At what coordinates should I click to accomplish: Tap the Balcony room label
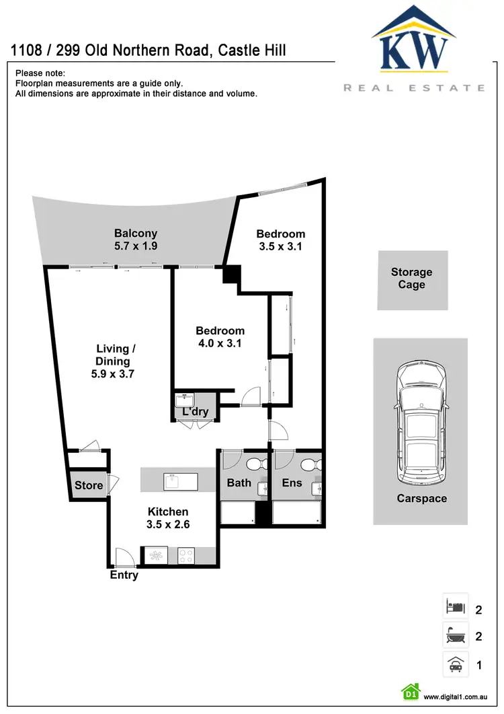pos(136,234)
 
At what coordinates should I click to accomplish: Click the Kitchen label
pos(168,511)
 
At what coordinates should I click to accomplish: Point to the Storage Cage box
pos(412,279)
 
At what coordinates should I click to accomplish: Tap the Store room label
pos(89,485)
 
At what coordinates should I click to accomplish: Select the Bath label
pos(239,483)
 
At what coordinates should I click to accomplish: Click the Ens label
pos(292,483)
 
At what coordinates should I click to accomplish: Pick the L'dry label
pos(196,412)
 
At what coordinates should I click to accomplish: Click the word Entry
pos(124,575)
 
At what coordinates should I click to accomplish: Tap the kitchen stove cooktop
pos(185,556)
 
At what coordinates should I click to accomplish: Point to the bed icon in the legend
pos(455,607)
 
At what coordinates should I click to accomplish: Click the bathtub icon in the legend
pos(455,635)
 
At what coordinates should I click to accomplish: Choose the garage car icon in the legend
pos(455,664)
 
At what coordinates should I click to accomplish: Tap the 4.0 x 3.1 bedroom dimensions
pos(220,343)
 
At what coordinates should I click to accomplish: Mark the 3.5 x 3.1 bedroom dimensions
pos(280,246)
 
